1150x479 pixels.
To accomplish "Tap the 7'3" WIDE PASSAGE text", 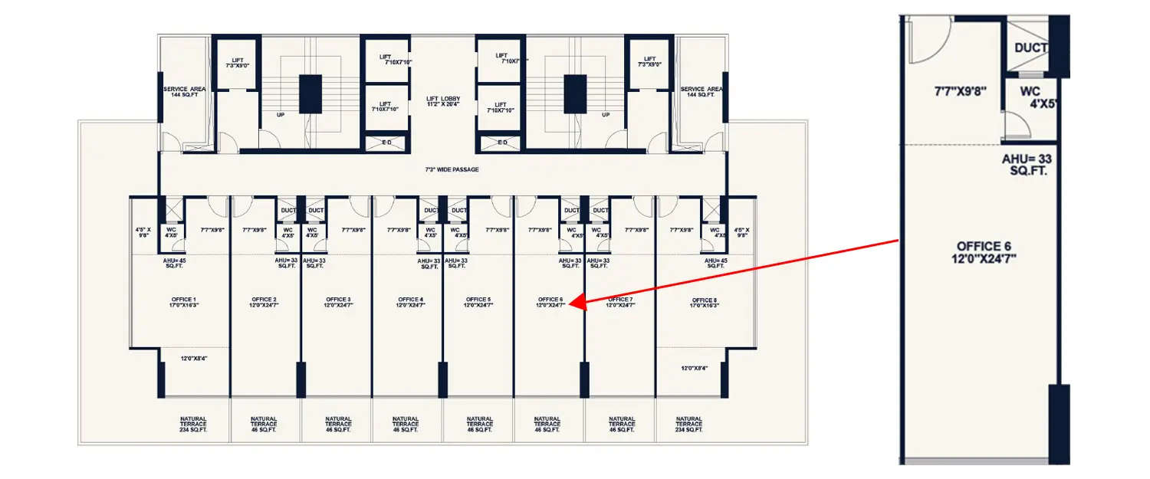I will point(452,169).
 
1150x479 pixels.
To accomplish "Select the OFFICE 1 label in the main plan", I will point(184,302).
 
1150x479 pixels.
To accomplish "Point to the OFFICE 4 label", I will point(410,302).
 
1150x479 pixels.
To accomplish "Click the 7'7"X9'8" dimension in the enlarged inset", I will point(960,91).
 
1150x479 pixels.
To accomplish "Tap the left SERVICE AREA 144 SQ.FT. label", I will point(185,91).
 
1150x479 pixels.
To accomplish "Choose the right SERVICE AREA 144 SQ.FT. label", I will point(702,91).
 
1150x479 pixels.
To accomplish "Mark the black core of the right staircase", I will point(575,94).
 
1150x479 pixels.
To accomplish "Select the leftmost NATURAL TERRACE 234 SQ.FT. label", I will point(193,425).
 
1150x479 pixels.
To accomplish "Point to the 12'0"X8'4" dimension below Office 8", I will point(694,368).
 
